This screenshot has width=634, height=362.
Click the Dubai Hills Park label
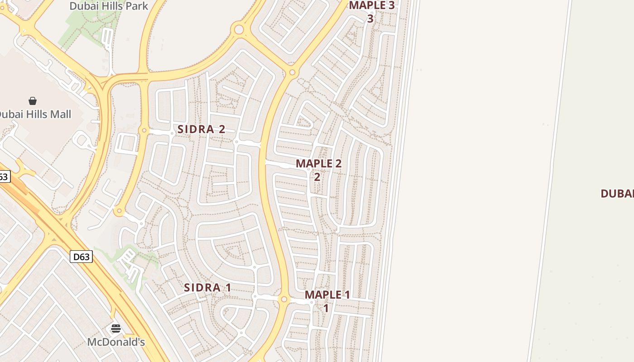(109, 6)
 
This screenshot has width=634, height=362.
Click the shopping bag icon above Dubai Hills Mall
(33, 100)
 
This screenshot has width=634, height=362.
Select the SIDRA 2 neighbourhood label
(201, 129)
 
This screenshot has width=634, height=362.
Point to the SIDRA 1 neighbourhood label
(207, 287)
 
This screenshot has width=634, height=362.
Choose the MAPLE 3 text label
(372, 5)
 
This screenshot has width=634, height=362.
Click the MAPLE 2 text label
(318, 163)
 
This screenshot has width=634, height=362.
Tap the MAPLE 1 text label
(327, 295)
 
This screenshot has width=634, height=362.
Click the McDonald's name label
(116, 342)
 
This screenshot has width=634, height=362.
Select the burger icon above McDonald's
(116, 329)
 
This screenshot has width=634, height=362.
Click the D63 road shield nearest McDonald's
(82, 257)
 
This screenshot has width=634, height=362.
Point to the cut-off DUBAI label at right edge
(617, 194)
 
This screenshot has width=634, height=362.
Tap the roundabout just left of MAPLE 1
(284, 299)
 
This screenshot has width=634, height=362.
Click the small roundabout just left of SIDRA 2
(144, 130)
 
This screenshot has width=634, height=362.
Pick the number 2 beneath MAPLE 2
(317, 176)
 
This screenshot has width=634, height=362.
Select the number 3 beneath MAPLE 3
(370, 19)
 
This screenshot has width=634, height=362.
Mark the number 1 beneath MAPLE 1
(326, 309)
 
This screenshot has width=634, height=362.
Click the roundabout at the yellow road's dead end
(119, 210)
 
